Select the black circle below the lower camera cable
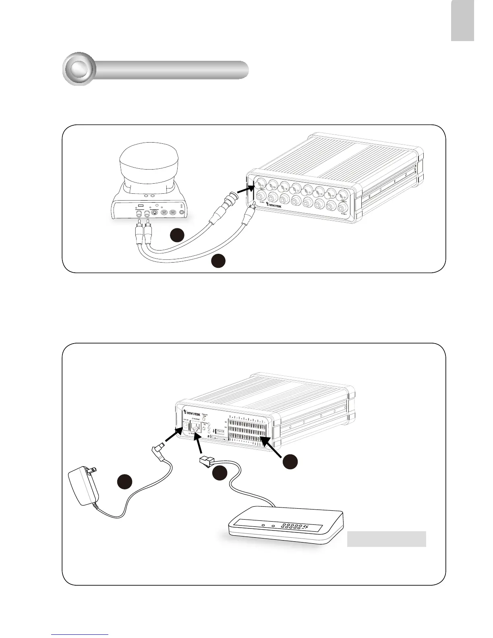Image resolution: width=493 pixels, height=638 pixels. click(219, 260)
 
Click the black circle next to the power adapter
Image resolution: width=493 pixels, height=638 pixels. click(125, 481)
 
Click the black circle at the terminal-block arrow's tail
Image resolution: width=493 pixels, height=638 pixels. click(290, 461)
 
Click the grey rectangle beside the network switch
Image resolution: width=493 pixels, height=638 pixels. click(386, 539)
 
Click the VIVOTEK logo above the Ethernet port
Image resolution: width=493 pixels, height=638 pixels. click(192, 413)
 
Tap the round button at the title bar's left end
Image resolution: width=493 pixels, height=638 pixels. click(79, 69)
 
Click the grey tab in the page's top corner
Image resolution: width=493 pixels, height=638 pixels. click(462, 21)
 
